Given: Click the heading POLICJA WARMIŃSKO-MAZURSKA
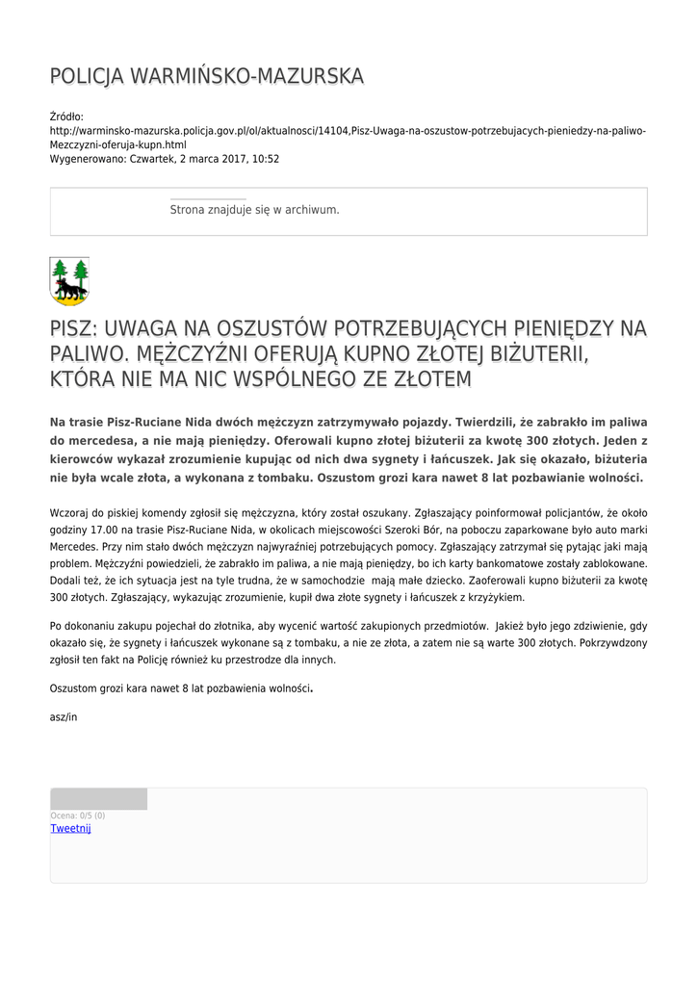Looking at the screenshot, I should pyautogui.click(x=207, y=76).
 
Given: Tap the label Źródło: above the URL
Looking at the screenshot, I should pyautogui.click(x=66, y=117).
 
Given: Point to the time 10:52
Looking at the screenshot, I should pyautogui.click(x=267, y=159).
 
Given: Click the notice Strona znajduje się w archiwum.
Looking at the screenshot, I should pyautogui.click(x=254, y=209).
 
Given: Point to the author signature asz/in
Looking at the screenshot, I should pyautogui.click(x=63, y=716).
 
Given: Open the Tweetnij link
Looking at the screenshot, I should pyautogui.click(x=70, y=828).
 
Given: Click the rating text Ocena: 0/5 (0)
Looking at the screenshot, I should pyautogui.click(x=78, y=816).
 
